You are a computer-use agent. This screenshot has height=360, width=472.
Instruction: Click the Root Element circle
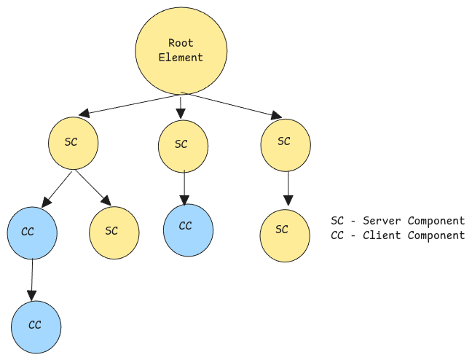coord(181,50)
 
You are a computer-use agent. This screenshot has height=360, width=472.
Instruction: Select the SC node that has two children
coord(73,141)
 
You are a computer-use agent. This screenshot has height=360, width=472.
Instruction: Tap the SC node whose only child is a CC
coord(182,144)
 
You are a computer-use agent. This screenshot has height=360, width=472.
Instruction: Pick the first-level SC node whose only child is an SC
coord(285,141)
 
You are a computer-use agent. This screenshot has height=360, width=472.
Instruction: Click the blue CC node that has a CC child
coord(31,232)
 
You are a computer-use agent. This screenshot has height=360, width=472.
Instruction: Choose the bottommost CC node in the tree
coord(36,326)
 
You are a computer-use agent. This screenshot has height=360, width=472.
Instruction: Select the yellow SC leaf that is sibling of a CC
coord(114,231)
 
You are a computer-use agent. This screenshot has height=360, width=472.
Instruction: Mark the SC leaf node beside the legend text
coord(285,230)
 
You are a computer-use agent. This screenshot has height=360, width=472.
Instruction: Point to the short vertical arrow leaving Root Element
coord(181,108)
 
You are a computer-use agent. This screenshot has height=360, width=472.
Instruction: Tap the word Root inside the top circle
coord(181,43)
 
